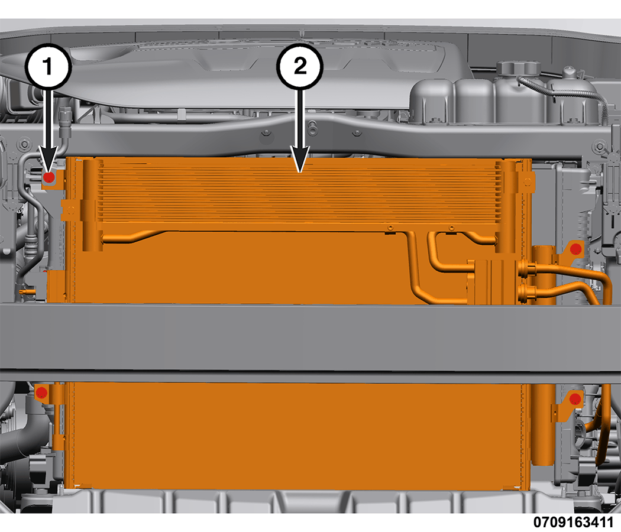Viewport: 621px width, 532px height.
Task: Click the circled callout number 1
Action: click(48, 66)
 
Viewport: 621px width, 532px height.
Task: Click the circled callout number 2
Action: click(300, 66)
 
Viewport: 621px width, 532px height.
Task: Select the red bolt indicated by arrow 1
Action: click(48, 177)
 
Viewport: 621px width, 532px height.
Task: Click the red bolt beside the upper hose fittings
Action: click(575, 249)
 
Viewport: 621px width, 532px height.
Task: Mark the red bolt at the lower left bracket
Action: click(41, 393)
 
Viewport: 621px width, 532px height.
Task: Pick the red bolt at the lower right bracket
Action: click(575, 398)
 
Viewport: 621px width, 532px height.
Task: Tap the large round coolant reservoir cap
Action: click(519, 67)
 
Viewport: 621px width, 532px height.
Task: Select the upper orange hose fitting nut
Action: click(526, 270)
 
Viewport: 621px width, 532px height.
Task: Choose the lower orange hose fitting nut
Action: click(526, 293)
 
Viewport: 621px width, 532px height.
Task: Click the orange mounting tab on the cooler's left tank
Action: click(69, 209)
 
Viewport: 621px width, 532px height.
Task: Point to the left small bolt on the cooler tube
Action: click(390, 228)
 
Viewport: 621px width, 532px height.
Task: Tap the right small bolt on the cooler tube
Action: click(451, 228)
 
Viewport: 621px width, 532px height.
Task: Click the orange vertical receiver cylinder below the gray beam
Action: click(544, 424)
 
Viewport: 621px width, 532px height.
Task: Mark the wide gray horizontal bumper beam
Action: click(310, 338)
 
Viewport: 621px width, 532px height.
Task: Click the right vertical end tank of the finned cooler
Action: click(506, 206)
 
